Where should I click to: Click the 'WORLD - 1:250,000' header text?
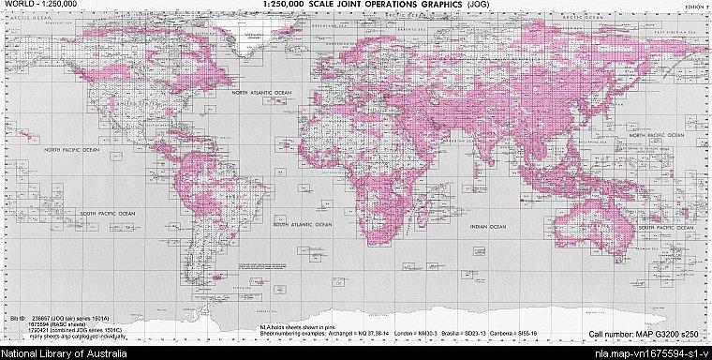tap(28, 5)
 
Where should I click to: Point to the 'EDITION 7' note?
tap(694, 7)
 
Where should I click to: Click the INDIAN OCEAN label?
tap(488, 226)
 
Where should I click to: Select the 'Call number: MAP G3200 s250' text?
tap(646, 334)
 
